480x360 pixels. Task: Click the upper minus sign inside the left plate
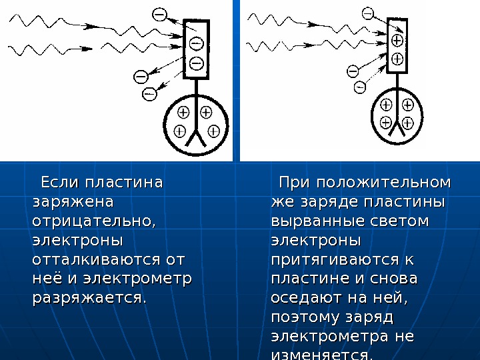point(196,44)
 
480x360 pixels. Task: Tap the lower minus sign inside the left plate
point(196,63)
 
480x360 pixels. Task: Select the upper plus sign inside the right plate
point(397,40)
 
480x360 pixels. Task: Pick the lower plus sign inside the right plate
point(397,59)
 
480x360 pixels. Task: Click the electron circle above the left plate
point(159,13)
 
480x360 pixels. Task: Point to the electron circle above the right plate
point(367,13)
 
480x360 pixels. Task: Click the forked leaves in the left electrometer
point(197,137)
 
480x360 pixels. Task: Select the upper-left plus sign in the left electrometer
point(184,111)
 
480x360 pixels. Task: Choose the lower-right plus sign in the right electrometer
point(408,122)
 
